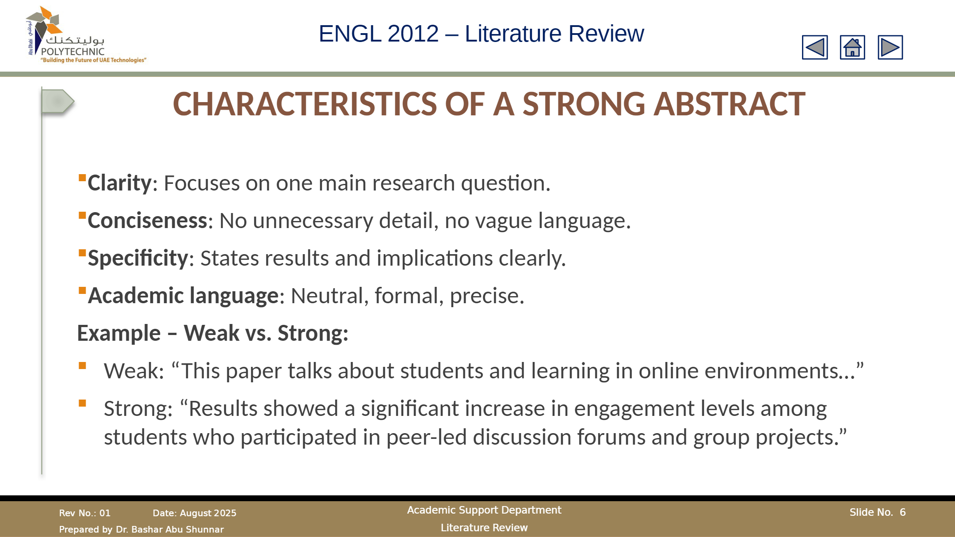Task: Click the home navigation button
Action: coord(852,47)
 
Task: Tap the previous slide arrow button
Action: coord(815,47)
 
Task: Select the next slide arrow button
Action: coord(890,47)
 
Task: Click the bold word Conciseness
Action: coord(148,221)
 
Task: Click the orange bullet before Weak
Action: coord(82,366)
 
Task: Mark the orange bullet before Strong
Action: coord(82,403)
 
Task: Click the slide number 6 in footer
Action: coord(903,512)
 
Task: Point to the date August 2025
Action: coord(208,513)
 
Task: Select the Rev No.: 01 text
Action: coord(85,513)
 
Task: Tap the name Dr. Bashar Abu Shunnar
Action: coord(170,529)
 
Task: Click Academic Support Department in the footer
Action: coord(484,510)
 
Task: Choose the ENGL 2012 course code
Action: coord(378,34)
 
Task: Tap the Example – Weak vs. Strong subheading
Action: coord(213,333)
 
